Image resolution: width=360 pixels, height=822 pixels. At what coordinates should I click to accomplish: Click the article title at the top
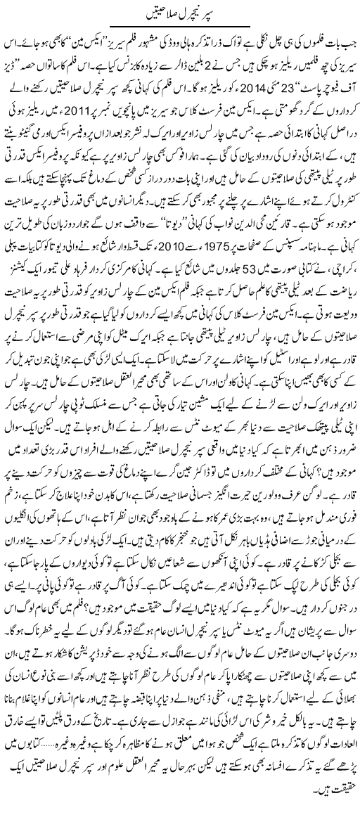pos(179,12)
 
